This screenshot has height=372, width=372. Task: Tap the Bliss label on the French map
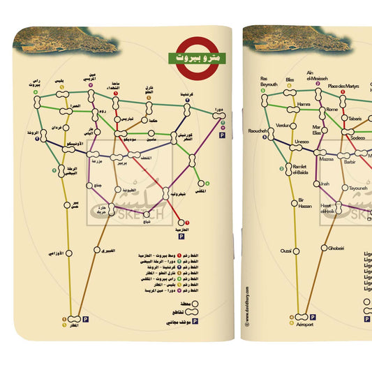tap(290, 80)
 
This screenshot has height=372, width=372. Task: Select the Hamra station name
tap(303, 105)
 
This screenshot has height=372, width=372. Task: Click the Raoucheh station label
tap(257, 131)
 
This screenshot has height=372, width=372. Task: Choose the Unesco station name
tap(302, 142)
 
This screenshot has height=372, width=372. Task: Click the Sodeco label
tap(357, 138)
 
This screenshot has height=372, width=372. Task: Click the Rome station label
tap(332, 110)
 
